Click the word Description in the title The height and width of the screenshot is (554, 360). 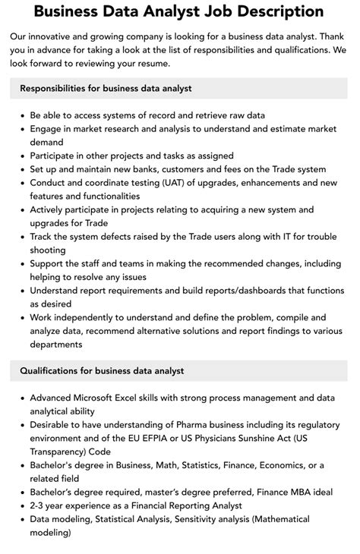point(257,13)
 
